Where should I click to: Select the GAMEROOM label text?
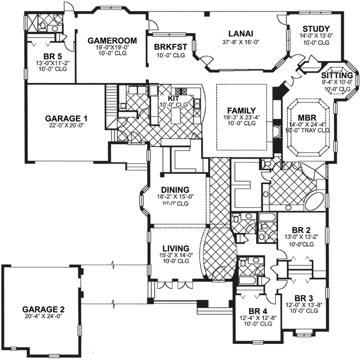[108, 40]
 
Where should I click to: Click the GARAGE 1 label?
[66, 118]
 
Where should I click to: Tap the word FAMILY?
[241, 110]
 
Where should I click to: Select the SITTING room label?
[338, 74]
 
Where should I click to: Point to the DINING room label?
[175, 190]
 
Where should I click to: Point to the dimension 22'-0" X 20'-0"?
[66, 126]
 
